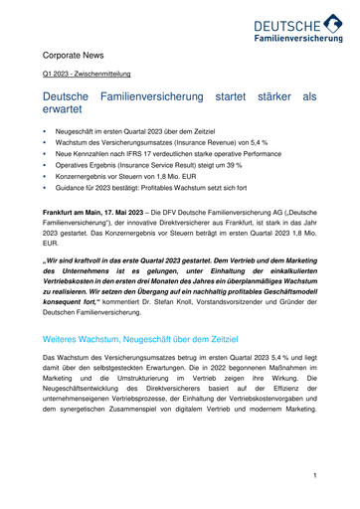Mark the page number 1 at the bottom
click(313, 476)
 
